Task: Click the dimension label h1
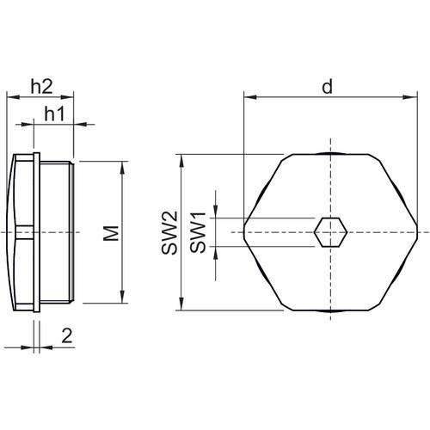[x=54, y=113]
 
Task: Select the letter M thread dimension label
[x=108, y=232]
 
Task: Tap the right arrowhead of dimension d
[x=415, y=97]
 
